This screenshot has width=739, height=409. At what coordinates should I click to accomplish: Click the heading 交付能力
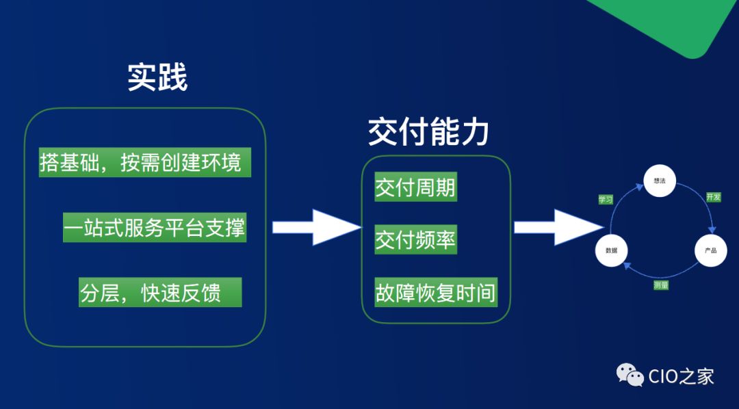point(428,132)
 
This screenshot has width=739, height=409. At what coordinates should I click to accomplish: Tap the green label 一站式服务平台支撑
point(154,226)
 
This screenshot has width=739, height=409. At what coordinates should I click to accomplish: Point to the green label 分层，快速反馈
point(160,292)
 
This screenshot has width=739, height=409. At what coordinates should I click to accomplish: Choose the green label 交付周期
point(415,187)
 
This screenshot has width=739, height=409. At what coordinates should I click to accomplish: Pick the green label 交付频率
point(415,240)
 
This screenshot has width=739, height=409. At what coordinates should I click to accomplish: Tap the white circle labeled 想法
point(660,181)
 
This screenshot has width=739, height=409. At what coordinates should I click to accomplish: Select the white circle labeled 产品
point(710,250)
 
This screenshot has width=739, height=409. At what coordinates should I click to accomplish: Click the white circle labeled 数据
point(611,250)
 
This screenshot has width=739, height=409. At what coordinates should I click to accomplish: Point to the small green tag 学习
point(606,200)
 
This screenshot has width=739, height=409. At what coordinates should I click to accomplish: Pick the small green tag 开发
point(713,197)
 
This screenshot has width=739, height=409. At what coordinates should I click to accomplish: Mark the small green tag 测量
point(660,285)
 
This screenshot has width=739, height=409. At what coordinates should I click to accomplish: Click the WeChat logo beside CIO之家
point(630,374)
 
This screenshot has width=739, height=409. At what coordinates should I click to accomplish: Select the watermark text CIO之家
point(681,375)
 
